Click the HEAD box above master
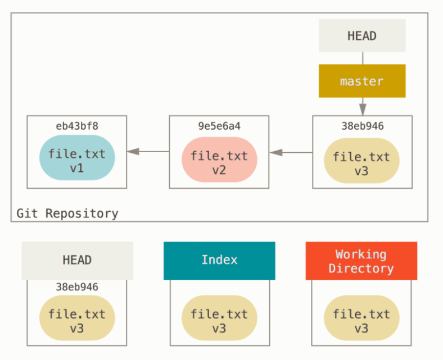click(x=362, y=35)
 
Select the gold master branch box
click(x=362, y=81)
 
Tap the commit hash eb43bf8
click(x=77, y=126)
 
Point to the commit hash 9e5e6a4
click(x=219, y=126)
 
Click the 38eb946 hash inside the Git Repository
click(x=363, y=126)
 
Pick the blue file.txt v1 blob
click(x=77, y=158)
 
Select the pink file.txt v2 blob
click(x=219, y=160)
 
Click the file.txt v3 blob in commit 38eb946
click(x=361, y=161)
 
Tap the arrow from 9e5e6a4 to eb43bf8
click(x=148, y=152)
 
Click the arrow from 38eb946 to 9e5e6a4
click(x=291, y=152)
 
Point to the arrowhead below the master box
click(x=363, y=110)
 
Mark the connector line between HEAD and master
click(x=363, y=58)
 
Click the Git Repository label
click(x=67, y=213)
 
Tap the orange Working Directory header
click(x=361, y=261)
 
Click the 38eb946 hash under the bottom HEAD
click(x=77, y=287)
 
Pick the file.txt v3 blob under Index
click(x=219, y=318)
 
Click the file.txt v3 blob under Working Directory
click(x=361, y=318)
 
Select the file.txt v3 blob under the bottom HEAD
click(x=77, y=318)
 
